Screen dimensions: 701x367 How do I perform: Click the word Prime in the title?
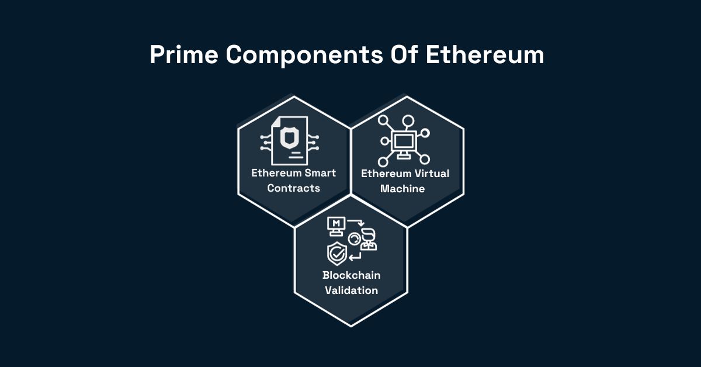pyautogui.click(x=184, y=55)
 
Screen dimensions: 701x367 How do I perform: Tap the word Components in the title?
pyautogui.click(x=304, y=56)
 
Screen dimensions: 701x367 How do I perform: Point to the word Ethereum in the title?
pyautogui.click(x=485, y=54)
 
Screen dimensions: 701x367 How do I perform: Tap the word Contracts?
pyautogui.click(x=293, y=188)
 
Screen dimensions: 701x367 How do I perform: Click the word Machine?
pyautogui.click(x=402, y=189)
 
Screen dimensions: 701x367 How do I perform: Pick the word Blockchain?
pyautogui.click(x=352, y=275)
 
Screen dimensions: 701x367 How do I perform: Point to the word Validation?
pyautogui.click(x=352, y=290)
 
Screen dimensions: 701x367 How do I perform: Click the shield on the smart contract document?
pyautogui.click(x=290, y=138)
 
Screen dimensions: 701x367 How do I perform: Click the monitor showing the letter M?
pyautogui.click(x=336, y=226)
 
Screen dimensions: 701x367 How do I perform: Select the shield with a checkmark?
pyautogui.click(x=336, y=253)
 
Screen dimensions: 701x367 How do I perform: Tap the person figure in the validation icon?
pyautogui.click(x=369, y=240)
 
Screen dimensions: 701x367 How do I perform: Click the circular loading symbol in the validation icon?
pyautogui.click(x=354, y=240)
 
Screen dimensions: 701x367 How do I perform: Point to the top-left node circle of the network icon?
pyautogui.click(x=383, y=120)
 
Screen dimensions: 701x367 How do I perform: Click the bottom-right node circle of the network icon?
pyautogui.click(x=425, y=160)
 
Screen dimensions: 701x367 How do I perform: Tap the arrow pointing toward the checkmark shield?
pyautogui.click(x=356, y=257)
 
